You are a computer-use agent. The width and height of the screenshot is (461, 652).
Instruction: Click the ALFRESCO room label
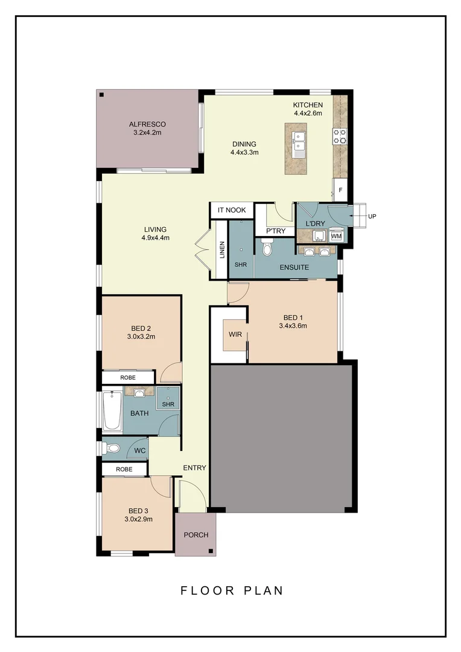point(147,125)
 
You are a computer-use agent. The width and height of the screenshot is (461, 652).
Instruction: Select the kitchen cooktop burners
point(340,136)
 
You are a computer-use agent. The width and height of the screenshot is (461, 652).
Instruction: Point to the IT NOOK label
point(232,210)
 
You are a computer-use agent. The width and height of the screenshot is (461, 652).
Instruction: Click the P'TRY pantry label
point(272,231)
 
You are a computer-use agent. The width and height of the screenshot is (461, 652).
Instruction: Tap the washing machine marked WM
point(336,236)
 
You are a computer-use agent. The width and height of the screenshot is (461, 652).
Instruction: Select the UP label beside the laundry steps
point(372,216)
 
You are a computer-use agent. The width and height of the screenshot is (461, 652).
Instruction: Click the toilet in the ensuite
point(267,248)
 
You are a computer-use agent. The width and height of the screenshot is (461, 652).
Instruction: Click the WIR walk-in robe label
point(235,334)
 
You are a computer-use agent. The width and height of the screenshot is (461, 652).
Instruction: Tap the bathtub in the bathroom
point(112,412)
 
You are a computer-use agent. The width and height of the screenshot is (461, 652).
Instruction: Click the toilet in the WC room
point(112,449)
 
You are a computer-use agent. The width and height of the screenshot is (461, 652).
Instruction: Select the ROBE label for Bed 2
point(128,377)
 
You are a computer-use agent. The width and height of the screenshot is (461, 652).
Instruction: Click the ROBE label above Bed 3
point(124,468)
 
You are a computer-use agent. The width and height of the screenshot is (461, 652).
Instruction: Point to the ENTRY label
point(195,467)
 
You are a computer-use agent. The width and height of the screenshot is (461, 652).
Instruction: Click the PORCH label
point(196,535)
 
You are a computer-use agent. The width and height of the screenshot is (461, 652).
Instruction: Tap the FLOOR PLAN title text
point(232,590)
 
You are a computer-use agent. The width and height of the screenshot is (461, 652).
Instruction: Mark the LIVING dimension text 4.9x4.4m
point(155,238)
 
